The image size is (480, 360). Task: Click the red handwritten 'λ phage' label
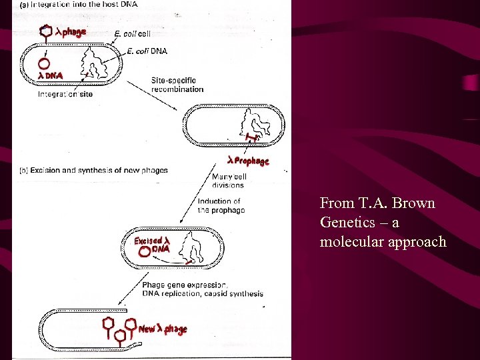coord(70,32)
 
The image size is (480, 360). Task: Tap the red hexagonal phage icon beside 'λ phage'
coord(46,31)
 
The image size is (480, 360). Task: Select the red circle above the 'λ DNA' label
coord(44,64)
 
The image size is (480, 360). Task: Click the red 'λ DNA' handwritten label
coord(51,76)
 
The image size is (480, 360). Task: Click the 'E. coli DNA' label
coord(149,51)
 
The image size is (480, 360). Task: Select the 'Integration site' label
coord(65,94)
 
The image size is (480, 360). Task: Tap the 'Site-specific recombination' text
coord(177,85)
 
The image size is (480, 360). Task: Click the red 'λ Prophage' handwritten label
coord(247,161)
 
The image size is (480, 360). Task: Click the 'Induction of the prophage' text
coord(221,205)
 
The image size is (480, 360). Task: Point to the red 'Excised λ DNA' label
coord(153,244)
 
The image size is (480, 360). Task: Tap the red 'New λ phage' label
coord(163,329)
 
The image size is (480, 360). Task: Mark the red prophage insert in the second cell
coord(251,138)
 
